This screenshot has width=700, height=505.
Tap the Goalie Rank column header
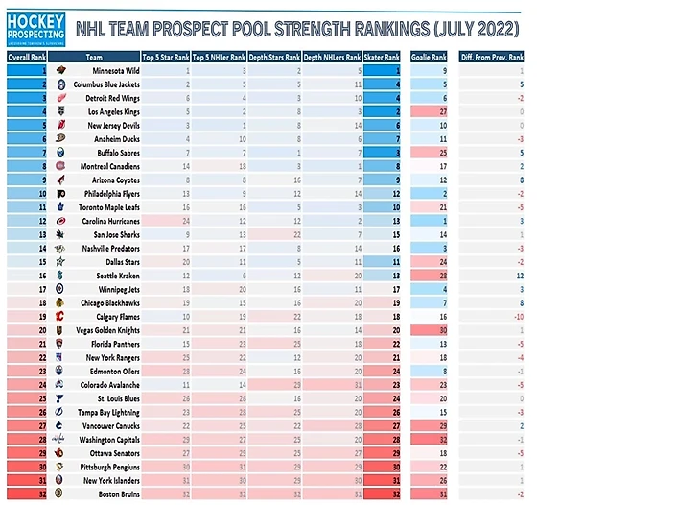431,58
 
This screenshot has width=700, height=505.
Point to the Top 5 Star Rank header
166,58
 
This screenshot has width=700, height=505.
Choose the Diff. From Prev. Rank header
491,58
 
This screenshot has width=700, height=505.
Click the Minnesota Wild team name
117,71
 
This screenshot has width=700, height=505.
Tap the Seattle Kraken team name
118,275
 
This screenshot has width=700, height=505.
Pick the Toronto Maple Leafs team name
111,206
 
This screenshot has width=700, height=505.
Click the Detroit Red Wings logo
59,98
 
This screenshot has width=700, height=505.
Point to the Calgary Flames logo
59,316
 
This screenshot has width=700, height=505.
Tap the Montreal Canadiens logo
59,166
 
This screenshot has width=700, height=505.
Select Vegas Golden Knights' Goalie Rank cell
431,329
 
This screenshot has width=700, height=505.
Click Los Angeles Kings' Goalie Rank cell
431,111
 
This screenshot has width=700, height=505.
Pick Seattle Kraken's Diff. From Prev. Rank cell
491,275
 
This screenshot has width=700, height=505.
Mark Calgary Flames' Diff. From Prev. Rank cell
491,316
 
